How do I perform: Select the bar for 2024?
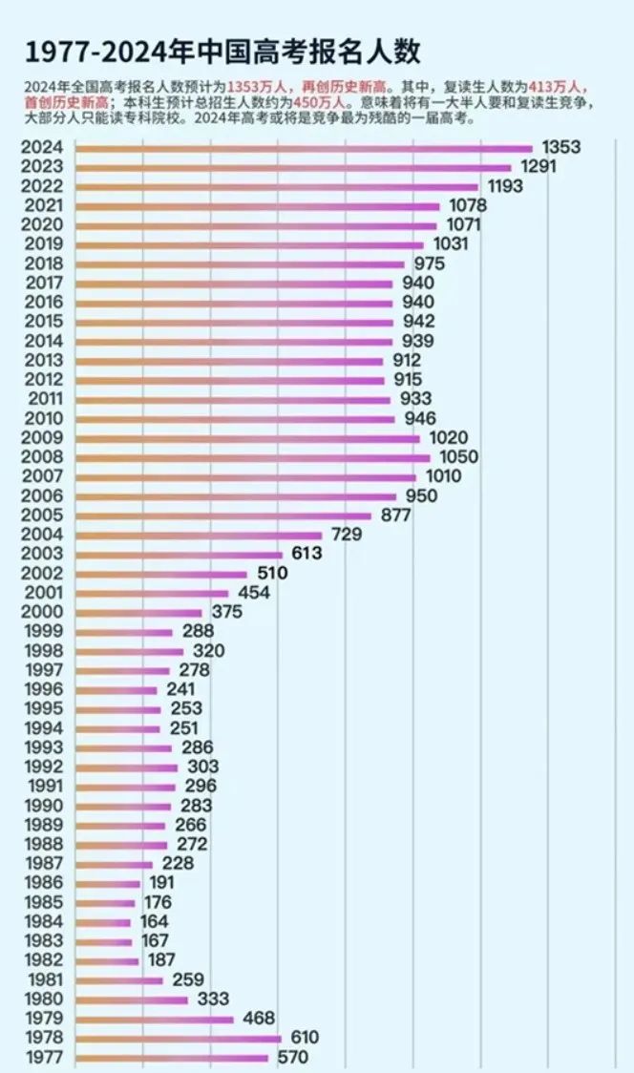pyautogui.click(x=303, y=148)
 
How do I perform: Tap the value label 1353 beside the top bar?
pyautogui.click(x=560, y=147)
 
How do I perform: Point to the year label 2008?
pyautogui.click(x=42, y=457)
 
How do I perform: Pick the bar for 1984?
pyautogui.click(x=102, y=922)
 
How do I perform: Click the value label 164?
pyautogui.click(x=153, y=921)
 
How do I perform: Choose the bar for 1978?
pyautogui.click(x=178, y=1038)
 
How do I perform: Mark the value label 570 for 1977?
pyautogui.click(x=294, y=1057)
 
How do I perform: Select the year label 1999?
pyautogui.click(x=42, y=631)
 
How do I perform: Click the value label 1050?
pyautogui.click(x=458, y=457)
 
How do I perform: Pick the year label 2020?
pyautogui.click(x=42, y=224)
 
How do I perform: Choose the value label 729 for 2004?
pyautogui.click(x=347, y=535)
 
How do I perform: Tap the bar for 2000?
pyautogui.click(x=138, y=612)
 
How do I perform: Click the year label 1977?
pyautogui.click(x=42, y=1057)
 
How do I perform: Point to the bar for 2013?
pyautogui.click(x=229, y=361)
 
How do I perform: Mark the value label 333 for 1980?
pyautogui.click(x=211, y=999)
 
